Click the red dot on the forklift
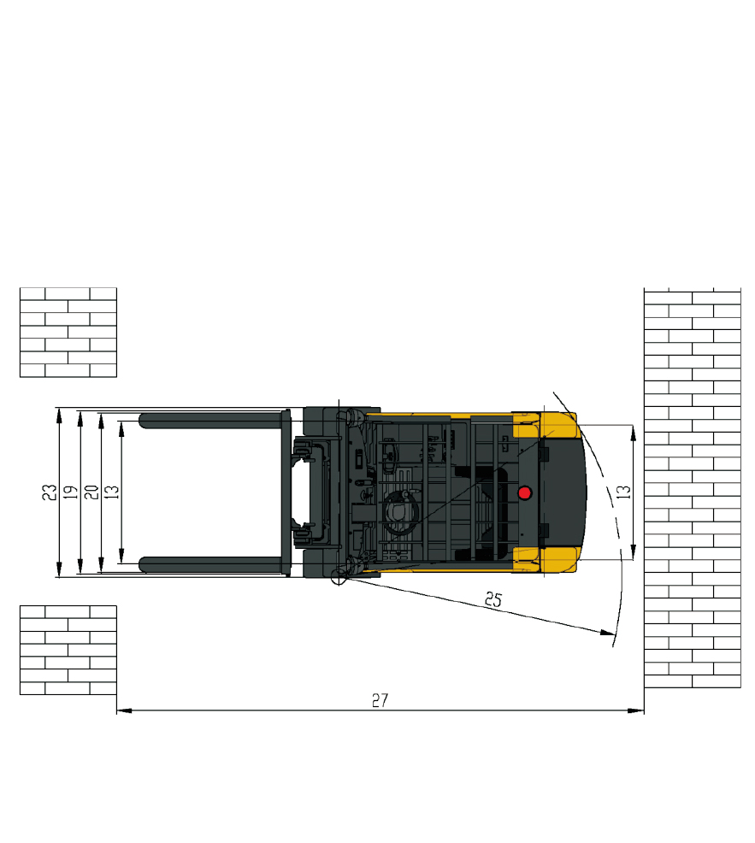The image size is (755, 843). pyautogui.click(x=524, y=492)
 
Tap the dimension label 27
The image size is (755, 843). pyautogui.click(x=380, y=700)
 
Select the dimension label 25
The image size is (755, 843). pyautogui.click(x=493, y=599)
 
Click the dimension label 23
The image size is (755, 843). pyautogui.click(x=50, y=492)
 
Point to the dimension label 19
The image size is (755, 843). pyautogui.click(x=70, y=492)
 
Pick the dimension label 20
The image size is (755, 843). pyautogui.click(x=91, y=492)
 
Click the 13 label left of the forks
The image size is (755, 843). pyautogui.click(x=111, y=492)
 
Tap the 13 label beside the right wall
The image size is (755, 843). pyautogui.click(x=623, y=492)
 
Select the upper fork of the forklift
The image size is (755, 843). pyautogui.click(x=212, y=420)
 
